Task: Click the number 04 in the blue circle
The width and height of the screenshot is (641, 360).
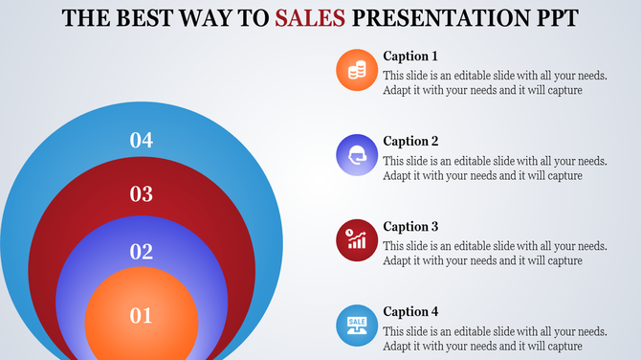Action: coord(142,141)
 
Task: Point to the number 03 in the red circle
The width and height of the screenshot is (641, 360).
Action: coord(142,195)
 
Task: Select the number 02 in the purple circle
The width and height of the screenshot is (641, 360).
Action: coord(142,253)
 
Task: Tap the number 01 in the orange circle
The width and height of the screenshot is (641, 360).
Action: coord(142,315)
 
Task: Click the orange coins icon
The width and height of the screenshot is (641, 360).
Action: coord(357,70)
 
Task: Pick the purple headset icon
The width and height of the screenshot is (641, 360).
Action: coord(357,154)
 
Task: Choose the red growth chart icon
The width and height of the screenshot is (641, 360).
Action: coord(357,239)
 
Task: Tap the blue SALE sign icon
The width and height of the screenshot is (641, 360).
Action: coord(357,325)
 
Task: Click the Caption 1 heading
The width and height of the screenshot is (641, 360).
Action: coord(410,56)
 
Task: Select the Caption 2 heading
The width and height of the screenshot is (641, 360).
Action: coord(410,141)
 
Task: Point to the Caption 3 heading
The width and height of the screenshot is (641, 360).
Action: coord(410,226)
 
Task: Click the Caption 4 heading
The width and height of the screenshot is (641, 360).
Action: coord(410,311)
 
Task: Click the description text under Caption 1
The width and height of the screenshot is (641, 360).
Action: coord(495,82)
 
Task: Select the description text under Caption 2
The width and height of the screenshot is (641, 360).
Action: coord(495,168)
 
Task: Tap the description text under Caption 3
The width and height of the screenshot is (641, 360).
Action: coord(495,253)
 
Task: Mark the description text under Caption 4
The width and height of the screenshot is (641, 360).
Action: coord(495,338)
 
